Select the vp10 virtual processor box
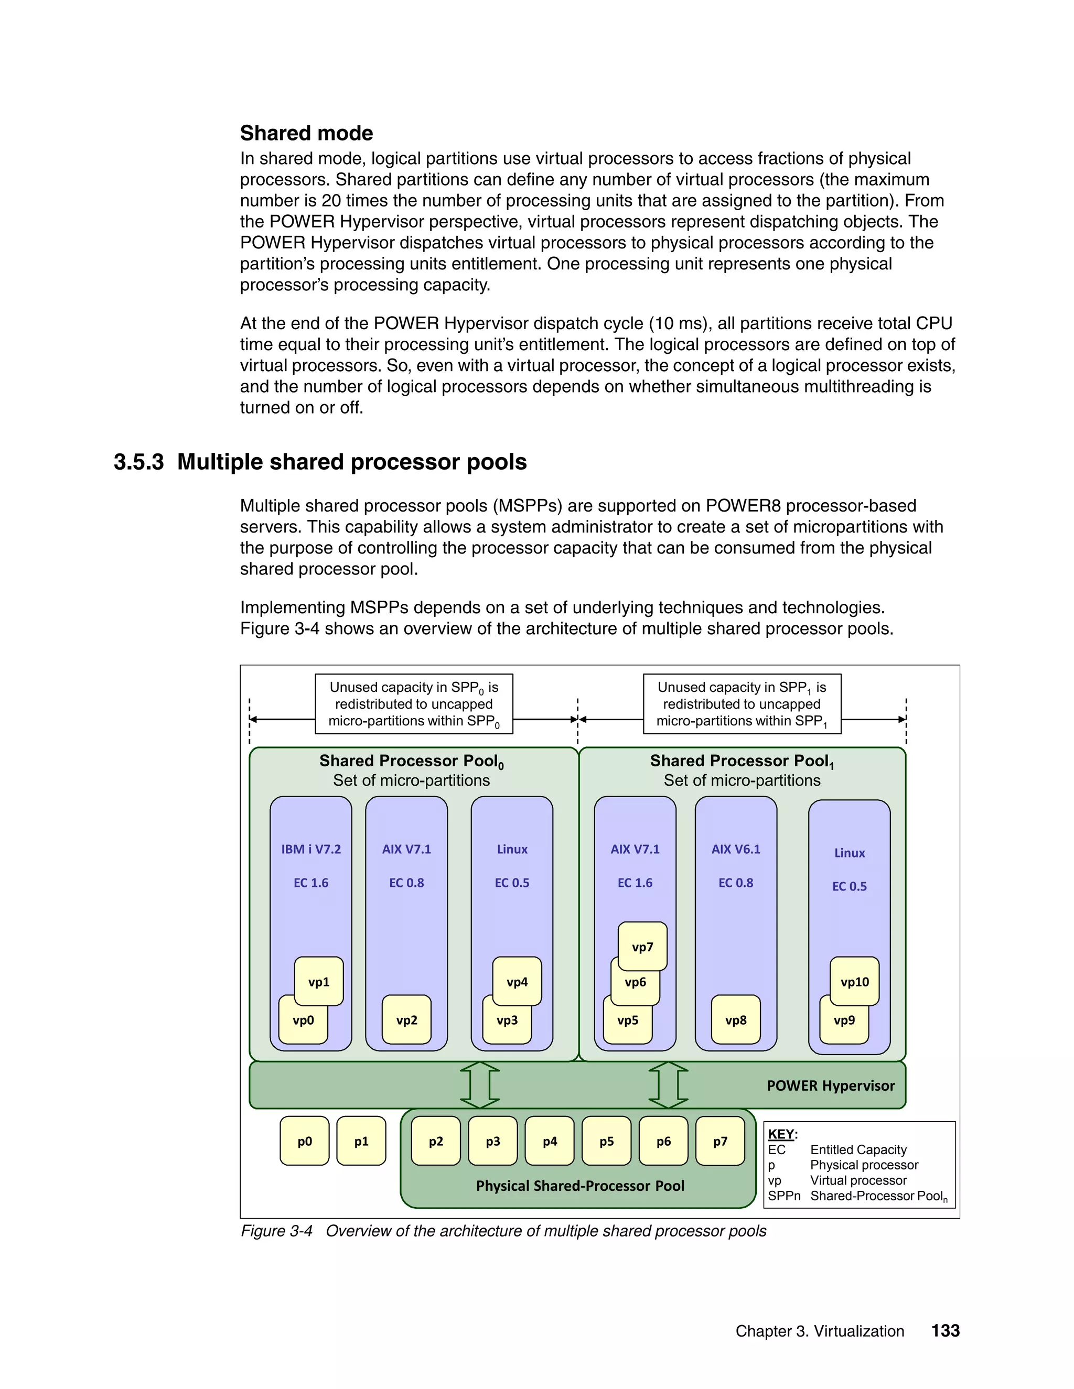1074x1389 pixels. pyautogui.click(x=854, y=982)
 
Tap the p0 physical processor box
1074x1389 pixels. pyautogui.click(x=304, y=1142)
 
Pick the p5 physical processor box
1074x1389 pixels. pyautogui.click(x=606, y=1142)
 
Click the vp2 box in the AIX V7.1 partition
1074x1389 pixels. pyautogui.click(x=406, y=1020)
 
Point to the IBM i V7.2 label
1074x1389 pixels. pyautogui.click(x=310, y=850)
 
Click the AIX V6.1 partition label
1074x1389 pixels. pyautogui.click(x=736, y=850)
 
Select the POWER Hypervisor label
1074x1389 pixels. pyautogui.click(x=830, y=1086)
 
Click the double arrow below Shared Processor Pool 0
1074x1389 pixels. pyautogui.click(x=479, y=1085)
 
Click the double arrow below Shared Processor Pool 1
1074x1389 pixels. pyautogui.click(x=668, y=1085)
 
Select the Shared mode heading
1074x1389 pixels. pyautogui.click(x=306, y=133)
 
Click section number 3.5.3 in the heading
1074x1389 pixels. pyautogui.click(x=138, y=462)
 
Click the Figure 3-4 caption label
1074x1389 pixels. pyautogui.click(x=276, y=1231)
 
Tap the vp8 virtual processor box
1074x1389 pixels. pyautogui.click(x=736, y=1020)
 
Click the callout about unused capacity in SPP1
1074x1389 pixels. pyautogui.click(x=742, y=704)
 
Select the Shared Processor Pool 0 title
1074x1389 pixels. pyautogui.click(x=411, y=761)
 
